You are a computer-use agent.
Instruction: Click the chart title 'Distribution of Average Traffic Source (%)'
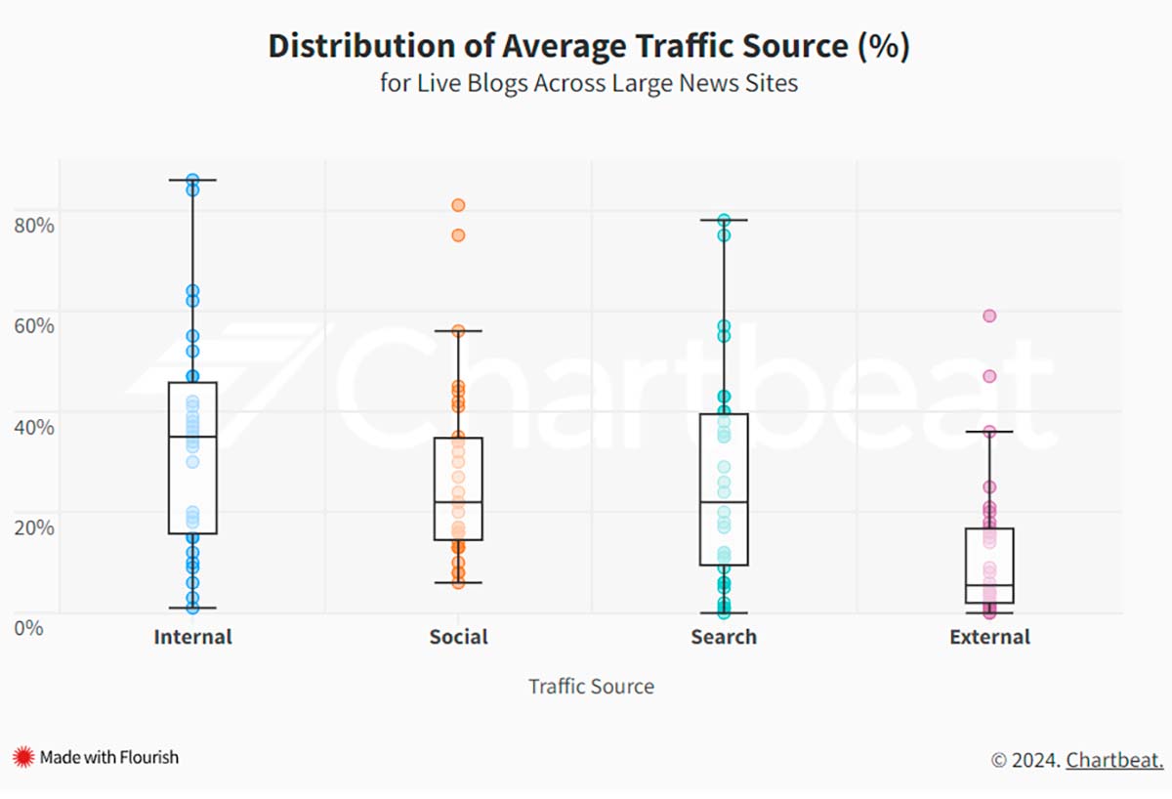(588, 46)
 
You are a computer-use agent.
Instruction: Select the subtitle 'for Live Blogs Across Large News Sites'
(588, 83)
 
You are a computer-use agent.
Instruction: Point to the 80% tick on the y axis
(32, 224)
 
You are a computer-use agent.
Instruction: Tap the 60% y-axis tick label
(32, 324)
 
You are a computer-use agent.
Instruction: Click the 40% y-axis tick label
(32, 426)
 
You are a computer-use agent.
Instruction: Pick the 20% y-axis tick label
(32, 526)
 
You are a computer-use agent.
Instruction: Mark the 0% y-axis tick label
(28, 627)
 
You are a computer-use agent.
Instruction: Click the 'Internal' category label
(192, 638)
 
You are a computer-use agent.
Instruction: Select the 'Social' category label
(458, 638)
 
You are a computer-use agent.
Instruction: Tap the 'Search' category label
(724, 638)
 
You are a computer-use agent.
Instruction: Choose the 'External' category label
(989, 638)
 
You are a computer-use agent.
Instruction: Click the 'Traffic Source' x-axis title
(591, 687)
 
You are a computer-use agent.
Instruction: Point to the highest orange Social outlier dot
(458, 205)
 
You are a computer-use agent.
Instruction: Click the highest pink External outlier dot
(989, 315)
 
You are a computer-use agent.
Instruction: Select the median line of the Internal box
(192, 437)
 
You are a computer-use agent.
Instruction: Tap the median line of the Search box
(724, 502)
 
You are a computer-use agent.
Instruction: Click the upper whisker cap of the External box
(989, 431)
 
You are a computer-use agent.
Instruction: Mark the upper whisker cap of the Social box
(458, 331)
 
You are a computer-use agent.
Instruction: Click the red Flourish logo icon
(23, 757)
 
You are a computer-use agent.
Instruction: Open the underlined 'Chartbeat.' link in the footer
(1113, 760)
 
